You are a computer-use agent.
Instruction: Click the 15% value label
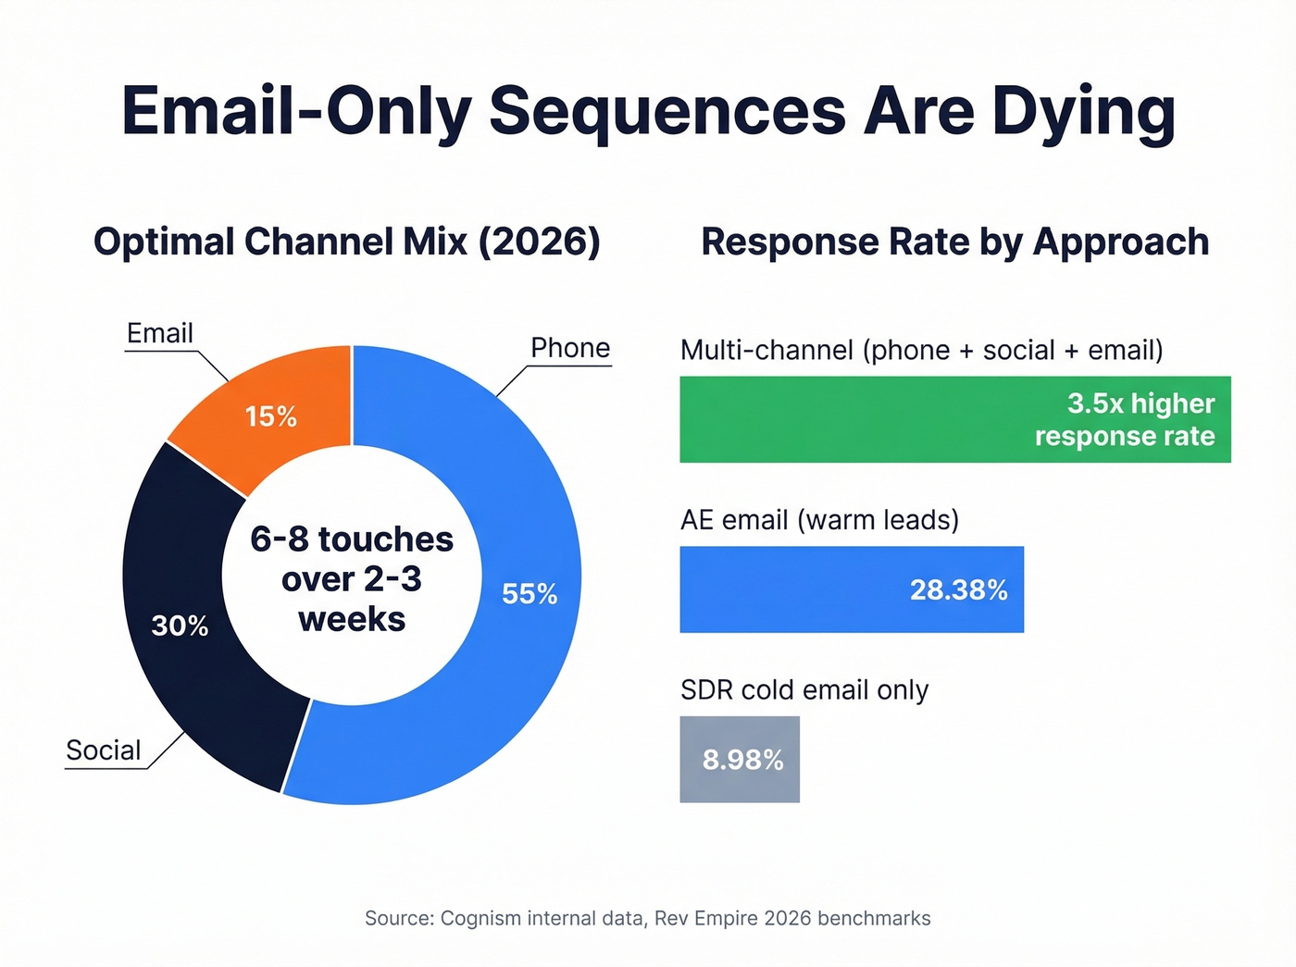click(270, 416)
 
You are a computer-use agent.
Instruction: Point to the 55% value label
click(530, 593)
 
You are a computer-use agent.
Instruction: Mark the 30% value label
click(180, 626)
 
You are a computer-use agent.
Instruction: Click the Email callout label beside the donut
click(160, 333)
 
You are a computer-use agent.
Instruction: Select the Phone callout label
click(570, 348)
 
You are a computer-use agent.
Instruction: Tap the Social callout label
click(104, 750)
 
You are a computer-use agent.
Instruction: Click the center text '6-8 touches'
click(352, 539)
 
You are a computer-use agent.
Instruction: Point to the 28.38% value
click(958, 589)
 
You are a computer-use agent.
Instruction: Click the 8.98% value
click(742, 760)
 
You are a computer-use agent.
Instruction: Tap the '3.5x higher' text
click(1140, 403)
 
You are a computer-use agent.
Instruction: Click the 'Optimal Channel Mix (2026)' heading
click(347, 242)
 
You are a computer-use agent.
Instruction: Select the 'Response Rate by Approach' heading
click(954, 242)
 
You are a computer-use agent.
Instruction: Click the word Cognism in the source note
click(480, 918)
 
